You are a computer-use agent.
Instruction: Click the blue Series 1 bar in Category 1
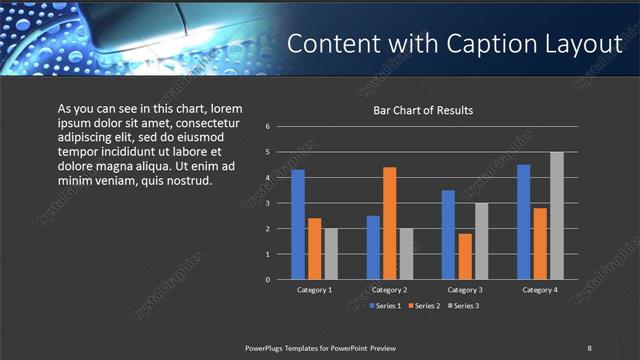tap(298, 225)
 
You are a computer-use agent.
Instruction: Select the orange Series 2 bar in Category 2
tap(389, 223)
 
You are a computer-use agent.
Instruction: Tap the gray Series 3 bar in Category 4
tap(557, 216)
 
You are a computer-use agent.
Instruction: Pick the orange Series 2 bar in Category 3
tap(464, 257)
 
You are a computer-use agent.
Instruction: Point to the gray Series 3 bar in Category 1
tap(331, 254)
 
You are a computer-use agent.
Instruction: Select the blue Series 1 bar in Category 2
tap(373, 247)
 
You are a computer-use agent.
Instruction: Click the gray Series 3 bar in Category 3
tap(481, 241)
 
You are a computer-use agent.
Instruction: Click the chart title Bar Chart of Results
tap(423, 110)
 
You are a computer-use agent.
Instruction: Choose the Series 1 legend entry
tap(384, 305)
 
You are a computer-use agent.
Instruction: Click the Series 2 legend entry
tap(424, 305)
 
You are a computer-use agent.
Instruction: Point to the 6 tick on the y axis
tap(268, 127)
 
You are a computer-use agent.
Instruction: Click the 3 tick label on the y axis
tap(268, 203)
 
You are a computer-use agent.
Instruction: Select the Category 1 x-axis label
tap(315, 290)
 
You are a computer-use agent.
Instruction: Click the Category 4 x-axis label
tap(540, 290)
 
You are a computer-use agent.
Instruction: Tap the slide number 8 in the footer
tap(589, 347)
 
